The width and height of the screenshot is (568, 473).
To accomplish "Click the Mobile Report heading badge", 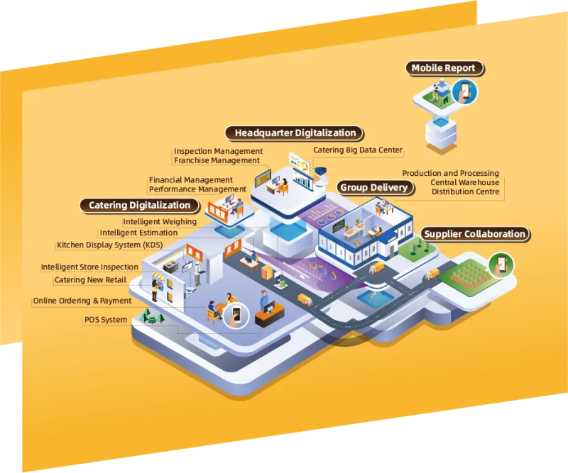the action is [444, 68].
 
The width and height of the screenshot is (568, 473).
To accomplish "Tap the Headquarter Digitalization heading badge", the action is [295, 133].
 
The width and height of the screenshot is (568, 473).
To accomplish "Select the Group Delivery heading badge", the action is [375, 187].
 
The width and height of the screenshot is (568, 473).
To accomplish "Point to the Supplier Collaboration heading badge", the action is [475, 234].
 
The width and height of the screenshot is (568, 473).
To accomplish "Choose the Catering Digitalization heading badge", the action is [139, 206].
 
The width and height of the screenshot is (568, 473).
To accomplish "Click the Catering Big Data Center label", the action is [358, 150].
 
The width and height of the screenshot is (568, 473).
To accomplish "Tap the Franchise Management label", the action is [217, 160].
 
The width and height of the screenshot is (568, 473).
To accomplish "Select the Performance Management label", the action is [197, 189].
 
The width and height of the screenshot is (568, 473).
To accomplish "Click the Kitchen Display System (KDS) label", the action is [110, 245].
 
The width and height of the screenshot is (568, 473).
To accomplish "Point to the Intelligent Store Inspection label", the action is [89, 267].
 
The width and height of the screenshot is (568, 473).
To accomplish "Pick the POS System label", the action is [106, 320].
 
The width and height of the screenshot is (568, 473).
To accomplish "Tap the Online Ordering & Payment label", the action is [82, 301].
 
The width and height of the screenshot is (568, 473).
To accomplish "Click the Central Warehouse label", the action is [465, 182].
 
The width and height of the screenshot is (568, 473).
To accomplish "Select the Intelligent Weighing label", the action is [160, 221].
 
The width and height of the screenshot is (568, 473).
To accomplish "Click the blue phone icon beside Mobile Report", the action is [464, 92].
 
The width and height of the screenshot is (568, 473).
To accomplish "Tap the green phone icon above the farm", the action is [501, 265].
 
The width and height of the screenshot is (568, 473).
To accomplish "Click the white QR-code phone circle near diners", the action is [236, 315].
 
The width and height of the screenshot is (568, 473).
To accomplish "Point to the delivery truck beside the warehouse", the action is [376, 268].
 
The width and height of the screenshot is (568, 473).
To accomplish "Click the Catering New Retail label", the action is [90, 280].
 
